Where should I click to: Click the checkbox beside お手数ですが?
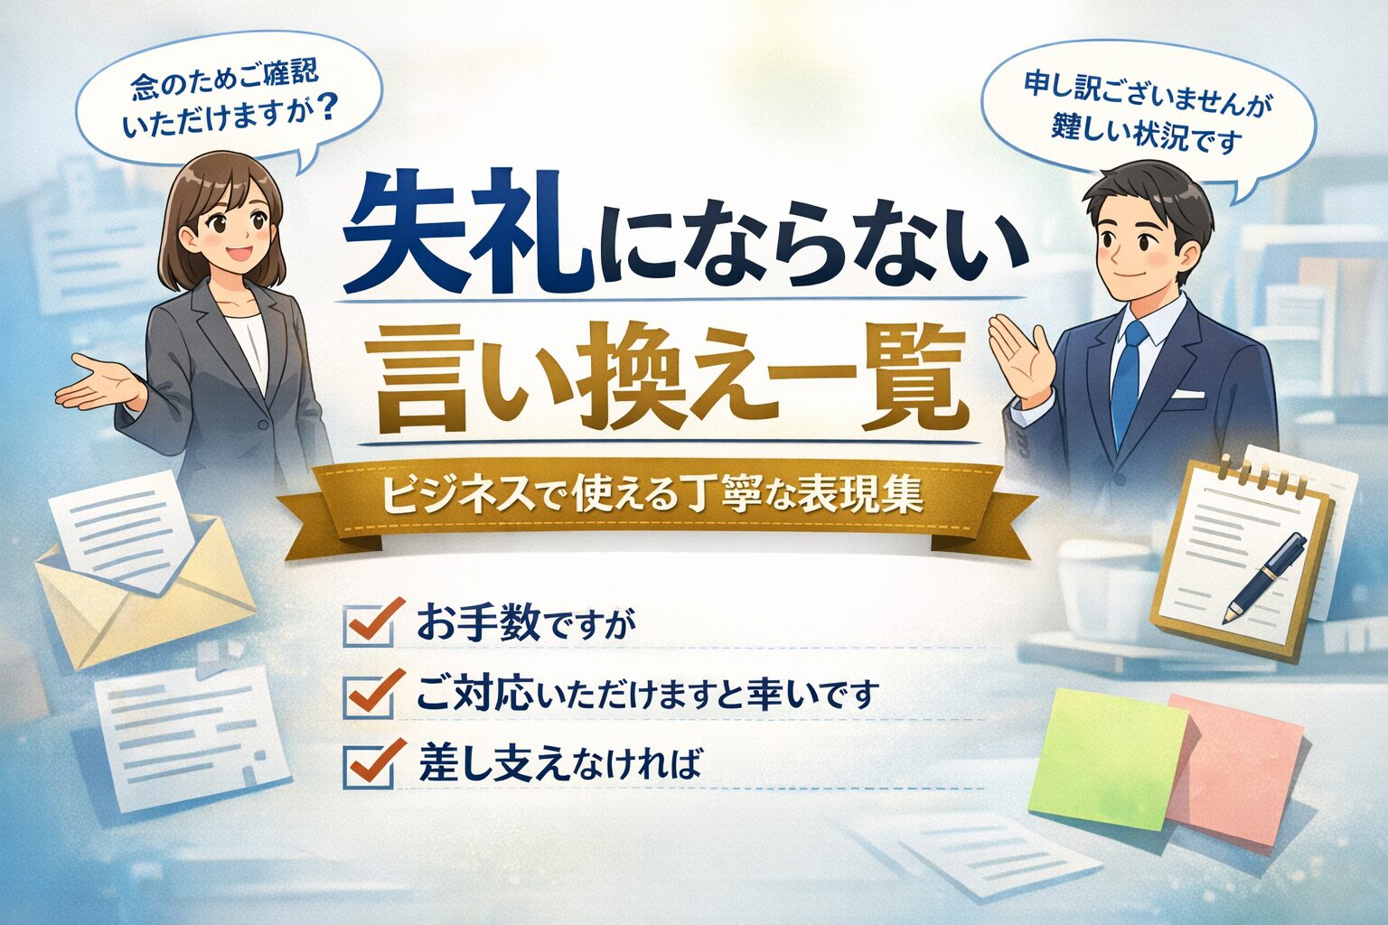pos(369,625)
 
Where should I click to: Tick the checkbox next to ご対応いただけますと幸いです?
pos(369,695)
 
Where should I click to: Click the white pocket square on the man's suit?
pos(1187,395)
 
